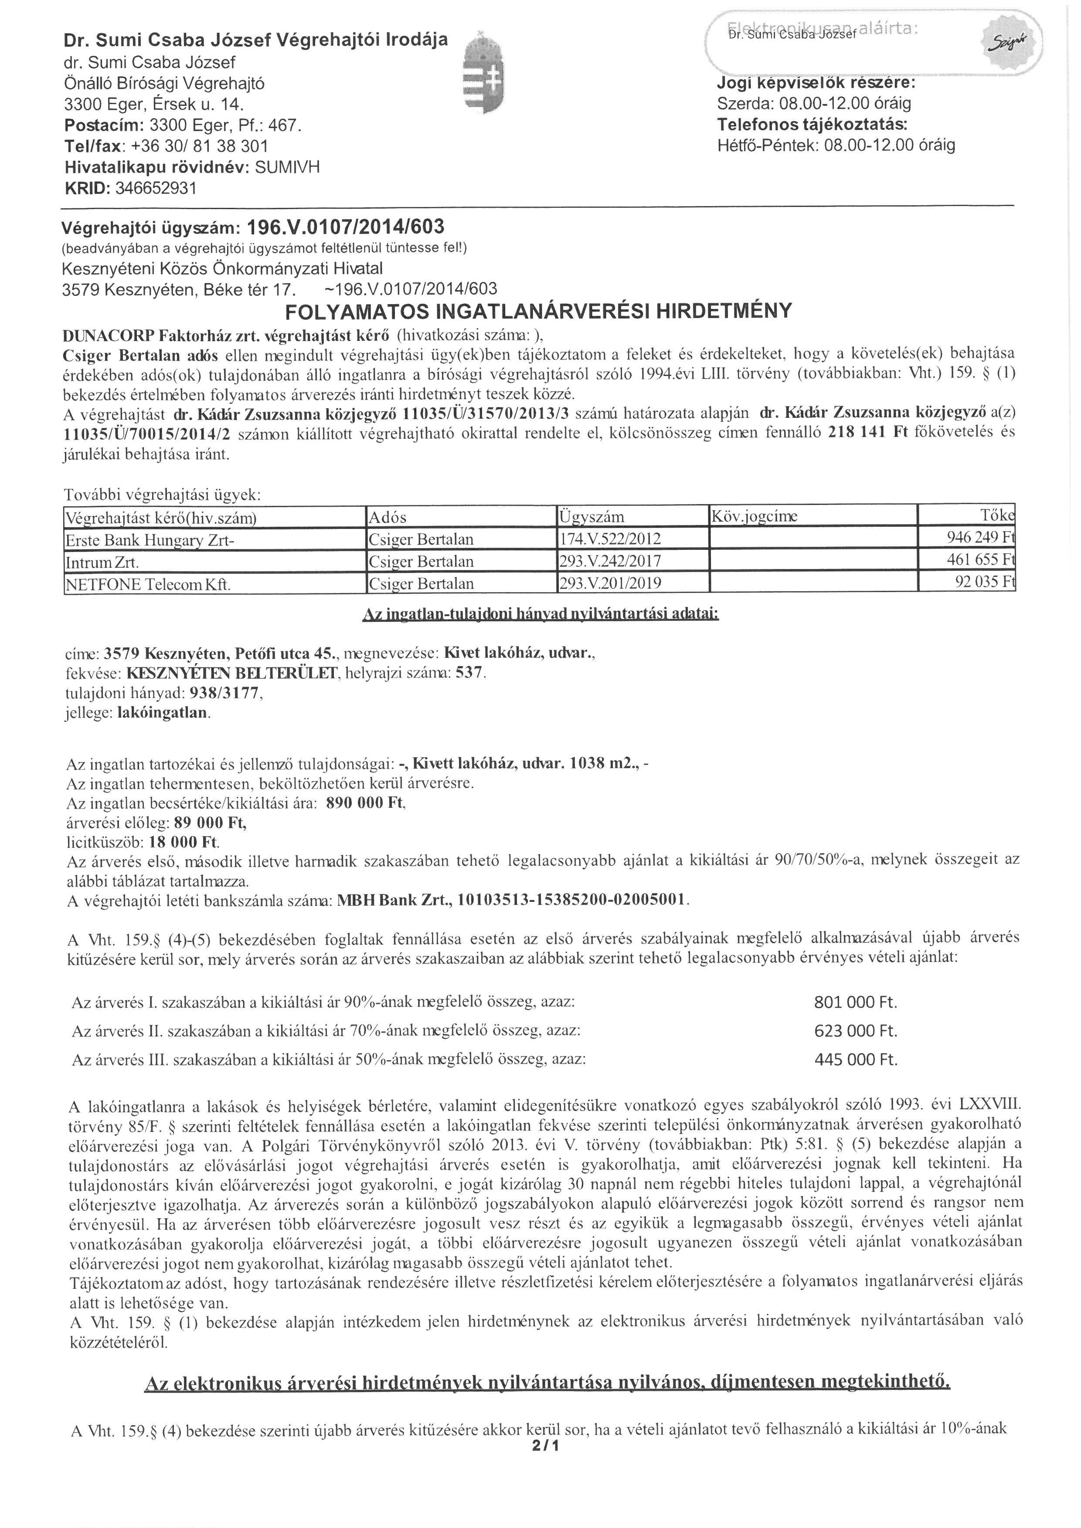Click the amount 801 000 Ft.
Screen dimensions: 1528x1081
[x=855, y=1002]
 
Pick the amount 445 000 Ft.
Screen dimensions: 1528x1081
[x=855, y=1060]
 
